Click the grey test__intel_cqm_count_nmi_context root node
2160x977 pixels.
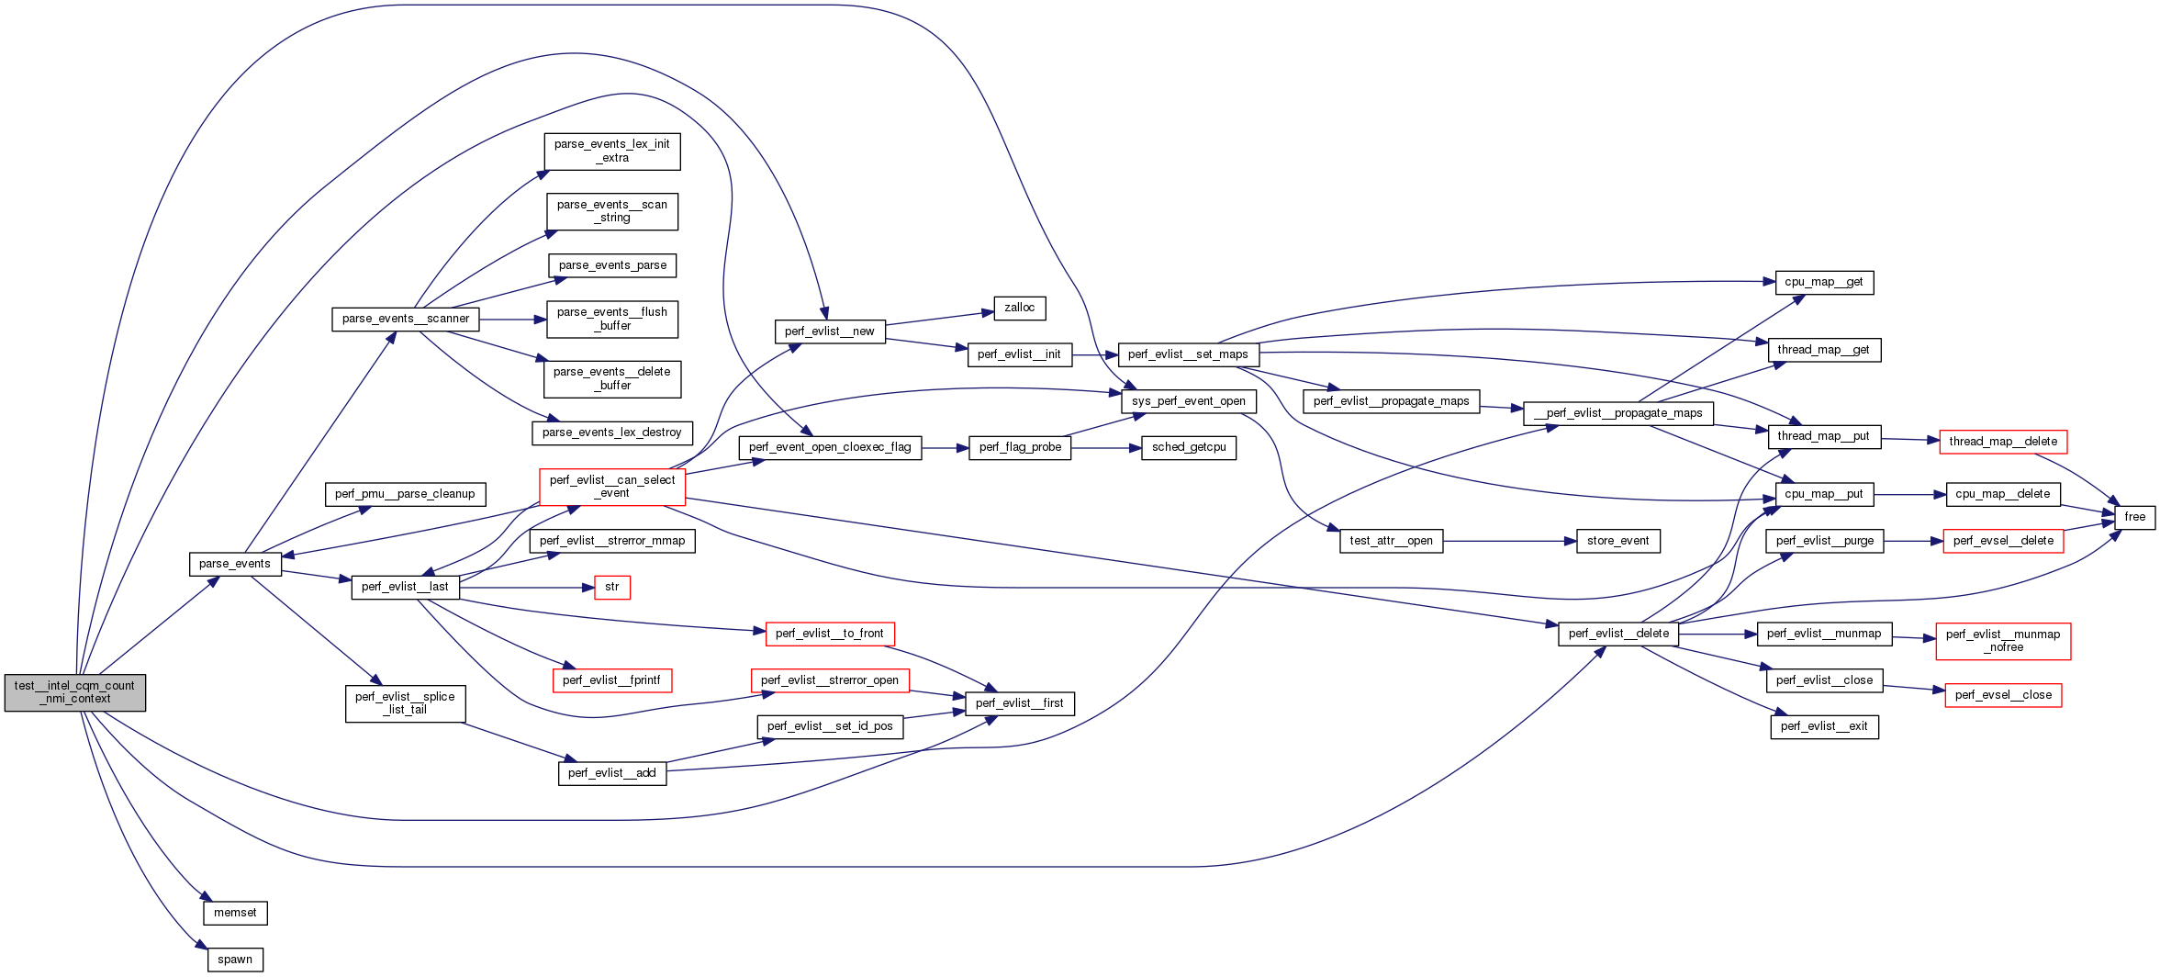click(x=74, y=692)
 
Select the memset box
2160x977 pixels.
click(x=235, y=913)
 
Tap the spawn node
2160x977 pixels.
click(x=235, y=960)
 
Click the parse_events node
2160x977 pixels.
click(x=234, y=564)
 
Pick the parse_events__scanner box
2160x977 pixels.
click(x=405, y=319)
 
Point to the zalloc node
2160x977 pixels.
click(x=1019, y=308)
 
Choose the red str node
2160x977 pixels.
click(x=612, y=587)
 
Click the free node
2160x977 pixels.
click(x=2134, y=517)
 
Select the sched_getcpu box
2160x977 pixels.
click(x=1189, y=447)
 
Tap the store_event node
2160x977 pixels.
click(x=1617, y=541)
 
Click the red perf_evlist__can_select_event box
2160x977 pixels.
click(x=612, y=487)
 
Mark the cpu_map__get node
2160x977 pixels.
click(x=1823, y=282)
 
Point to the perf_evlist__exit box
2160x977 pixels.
click(x=1823, y=726)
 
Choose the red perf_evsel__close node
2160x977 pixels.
click(x=2003, y=695)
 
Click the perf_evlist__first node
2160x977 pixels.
click(x=1019, y=703)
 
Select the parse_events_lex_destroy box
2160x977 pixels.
click(x=611, y=432)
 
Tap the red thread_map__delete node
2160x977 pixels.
click(x=2002, y=442)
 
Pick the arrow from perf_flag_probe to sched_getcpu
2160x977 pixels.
click(x=1105, y=447)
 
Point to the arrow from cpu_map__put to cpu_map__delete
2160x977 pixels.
click(x=1909, y=494)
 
